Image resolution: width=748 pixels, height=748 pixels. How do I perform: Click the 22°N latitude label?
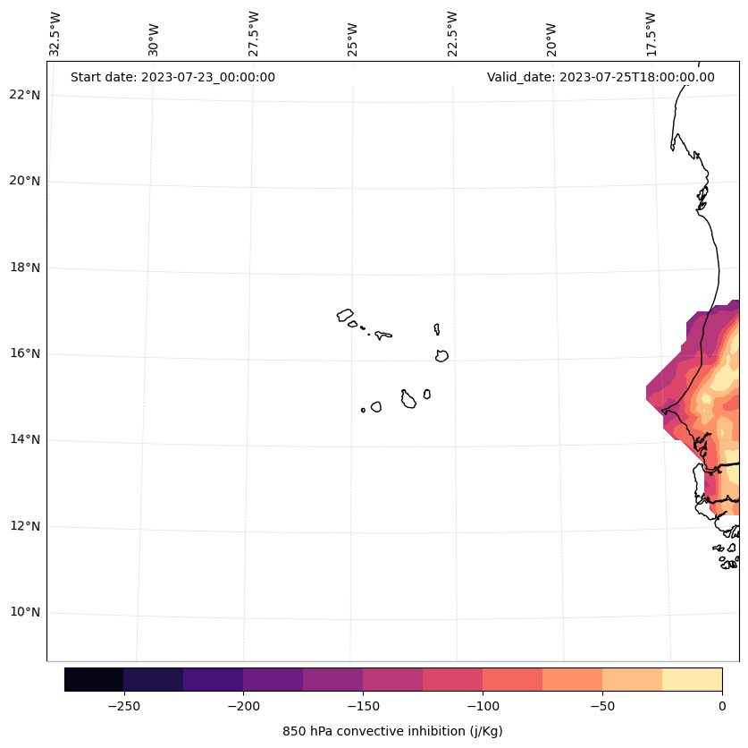pos(24,95)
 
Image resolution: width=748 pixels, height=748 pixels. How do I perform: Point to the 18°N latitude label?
pos(24,268)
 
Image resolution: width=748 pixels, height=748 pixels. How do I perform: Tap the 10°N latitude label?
pos(24,613)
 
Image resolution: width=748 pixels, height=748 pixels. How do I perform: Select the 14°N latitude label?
pos(24,440)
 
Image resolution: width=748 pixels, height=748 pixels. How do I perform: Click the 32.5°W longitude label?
pos(55,34)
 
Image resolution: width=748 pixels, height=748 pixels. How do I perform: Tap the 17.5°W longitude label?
pos(651,34)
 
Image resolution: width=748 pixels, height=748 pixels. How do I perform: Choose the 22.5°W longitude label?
pos(452,34)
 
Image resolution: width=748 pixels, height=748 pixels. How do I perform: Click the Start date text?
pos(172,77)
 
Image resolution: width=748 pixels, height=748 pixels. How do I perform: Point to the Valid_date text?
pos(601,77)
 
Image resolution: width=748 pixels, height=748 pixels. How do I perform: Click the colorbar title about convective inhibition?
pos(392,731)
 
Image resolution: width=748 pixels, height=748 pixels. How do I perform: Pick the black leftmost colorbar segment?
pos(94,679)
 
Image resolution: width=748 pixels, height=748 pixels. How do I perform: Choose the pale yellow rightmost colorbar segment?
pos(692,679)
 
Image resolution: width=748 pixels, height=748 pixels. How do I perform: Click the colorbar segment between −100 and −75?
pos(512,679)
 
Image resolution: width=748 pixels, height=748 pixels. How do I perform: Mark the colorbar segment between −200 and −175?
pos(273,679)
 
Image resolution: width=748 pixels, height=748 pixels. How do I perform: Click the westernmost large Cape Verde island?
pos(345,315)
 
